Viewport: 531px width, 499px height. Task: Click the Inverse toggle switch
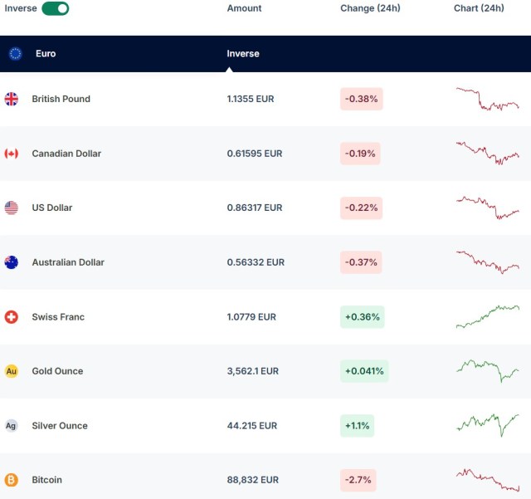[x=55, y=8]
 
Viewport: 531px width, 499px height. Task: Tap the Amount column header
[x=244, y=8]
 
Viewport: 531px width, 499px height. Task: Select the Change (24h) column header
[x=370, y=8]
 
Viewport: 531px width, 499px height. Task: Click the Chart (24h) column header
[x=479, y=8]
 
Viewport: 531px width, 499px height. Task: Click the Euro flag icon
[x=15, y=53]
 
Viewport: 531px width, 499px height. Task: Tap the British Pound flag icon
[x=12, y=99]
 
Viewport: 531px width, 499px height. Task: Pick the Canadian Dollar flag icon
[x=12, y=154]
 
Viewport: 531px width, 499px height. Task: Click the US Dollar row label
[x=51, y=208]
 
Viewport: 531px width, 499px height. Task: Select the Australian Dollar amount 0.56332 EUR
[x=256, y=262]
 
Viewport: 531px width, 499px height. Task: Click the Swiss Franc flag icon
[x=12, y=317]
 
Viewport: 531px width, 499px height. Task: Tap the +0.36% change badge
[x=362, y=317]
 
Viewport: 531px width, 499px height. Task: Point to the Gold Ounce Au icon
[x=12, y=371]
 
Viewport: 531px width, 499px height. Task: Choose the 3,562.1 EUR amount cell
[x=253, y=371]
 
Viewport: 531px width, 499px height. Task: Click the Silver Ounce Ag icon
[x=12, y=426]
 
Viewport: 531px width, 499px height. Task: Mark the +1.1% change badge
[x=358, y=426]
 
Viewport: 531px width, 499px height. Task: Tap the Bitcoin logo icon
[x=12, y=480]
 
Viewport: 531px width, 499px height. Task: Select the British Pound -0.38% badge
[x=361, y=99]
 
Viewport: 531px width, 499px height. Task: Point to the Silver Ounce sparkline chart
[x=488, y=424]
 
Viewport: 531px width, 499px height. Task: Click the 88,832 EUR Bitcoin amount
[x=252, y=480]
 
